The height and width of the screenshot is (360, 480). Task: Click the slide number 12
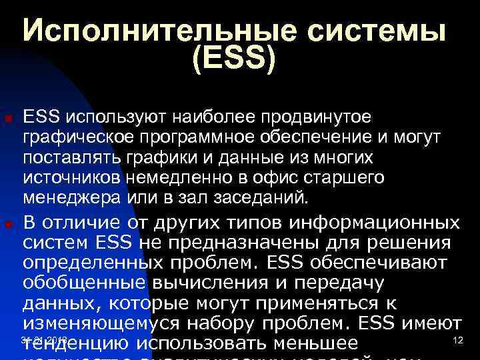[457, 341]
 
